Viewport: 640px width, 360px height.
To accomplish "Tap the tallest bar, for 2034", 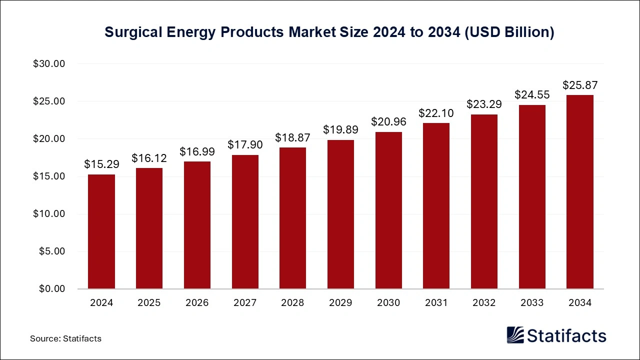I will point(580,192).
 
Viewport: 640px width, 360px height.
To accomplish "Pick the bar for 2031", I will point(436,206).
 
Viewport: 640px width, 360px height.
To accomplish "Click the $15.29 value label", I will point(101,164).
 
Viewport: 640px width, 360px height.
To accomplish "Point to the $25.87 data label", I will point(580,84).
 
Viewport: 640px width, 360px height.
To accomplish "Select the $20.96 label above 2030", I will point(388,121).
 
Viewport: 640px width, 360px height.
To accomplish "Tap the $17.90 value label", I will point(245,144).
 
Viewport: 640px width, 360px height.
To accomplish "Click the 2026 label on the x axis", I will point(197,303).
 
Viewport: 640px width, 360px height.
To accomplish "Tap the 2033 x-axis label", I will point(532,303).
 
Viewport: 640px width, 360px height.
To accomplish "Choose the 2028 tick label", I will point(292,303).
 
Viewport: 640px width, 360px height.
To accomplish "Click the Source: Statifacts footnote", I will point(65,338).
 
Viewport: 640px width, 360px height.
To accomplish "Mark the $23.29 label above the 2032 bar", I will point(484,104).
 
